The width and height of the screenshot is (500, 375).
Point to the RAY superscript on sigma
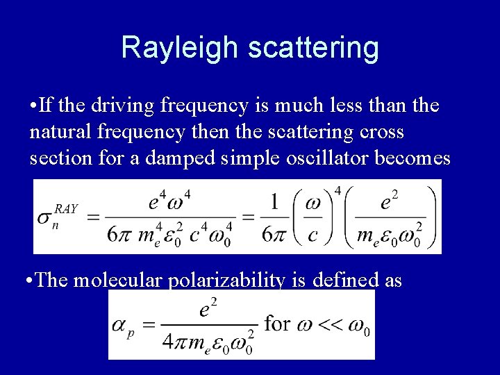pyautogui.click(x=66, y=208)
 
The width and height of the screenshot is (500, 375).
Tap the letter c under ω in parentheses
pyautogui.click(x=312, y=235)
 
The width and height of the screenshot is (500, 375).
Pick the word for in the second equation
pyautogui.click(x=277, y=324)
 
